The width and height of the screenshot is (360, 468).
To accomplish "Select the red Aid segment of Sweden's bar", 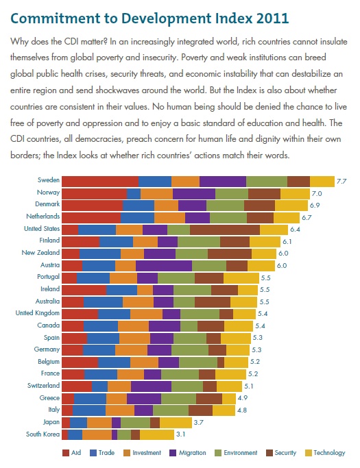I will pyautogui.click(x=100, y=181).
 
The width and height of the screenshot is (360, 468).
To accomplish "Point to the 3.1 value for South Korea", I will pyautogui.click(x=182, y=434).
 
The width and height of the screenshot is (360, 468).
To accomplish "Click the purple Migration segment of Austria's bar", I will pyautogui.click(x=164, y=265).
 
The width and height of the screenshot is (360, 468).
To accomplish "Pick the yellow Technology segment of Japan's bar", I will pyautogui.click(x=176, y=422).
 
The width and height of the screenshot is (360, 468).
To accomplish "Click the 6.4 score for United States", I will pyautogui.click(x=296, y=229).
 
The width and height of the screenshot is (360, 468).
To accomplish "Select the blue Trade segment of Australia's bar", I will pyautogui.click(x=103, y=301).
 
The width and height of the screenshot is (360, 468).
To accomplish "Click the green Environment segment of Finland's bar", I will pyautogui.click(x=199, y=241).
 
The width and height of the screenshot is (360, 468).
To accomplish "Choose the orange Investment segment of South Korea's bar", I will pyautogui.click(x=97, y=434).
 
